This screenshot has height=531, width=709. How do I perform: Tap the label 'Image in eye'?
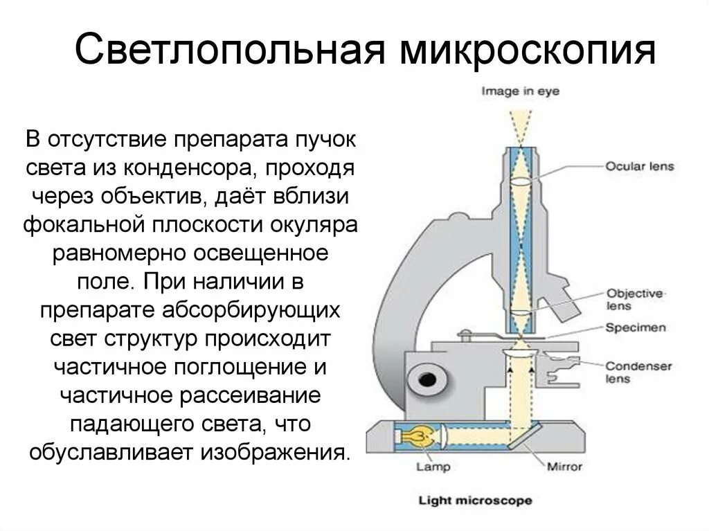pyautogui.click(x=521, y=91)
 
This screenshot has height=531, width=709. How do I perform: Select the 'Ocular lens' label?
pyautogui.click(x=639, y=167)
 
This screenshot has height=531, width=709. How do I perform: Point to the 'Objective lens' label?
pyautogui.click(x=634, y=299)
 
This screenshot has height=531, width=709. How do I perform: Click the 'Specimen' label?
pyautogui.click(x=636, y=327)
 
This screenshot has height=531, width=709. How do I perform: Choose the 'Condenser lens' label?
pyautogui.click(x=638, y=372)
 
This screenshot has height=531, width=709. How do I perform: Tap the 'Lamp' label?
pyautogui.click(x=433, y=467)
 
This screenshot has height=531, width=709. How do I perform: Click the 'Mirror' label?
pyautogui.click(x=564, y=467)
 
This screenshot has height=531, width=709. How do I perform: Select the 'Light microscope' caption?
pyautogui.click(x=475, y=501)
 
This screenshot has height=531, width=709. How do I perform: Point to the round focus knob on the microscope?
pyautogui.click(x=423, y=380)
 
